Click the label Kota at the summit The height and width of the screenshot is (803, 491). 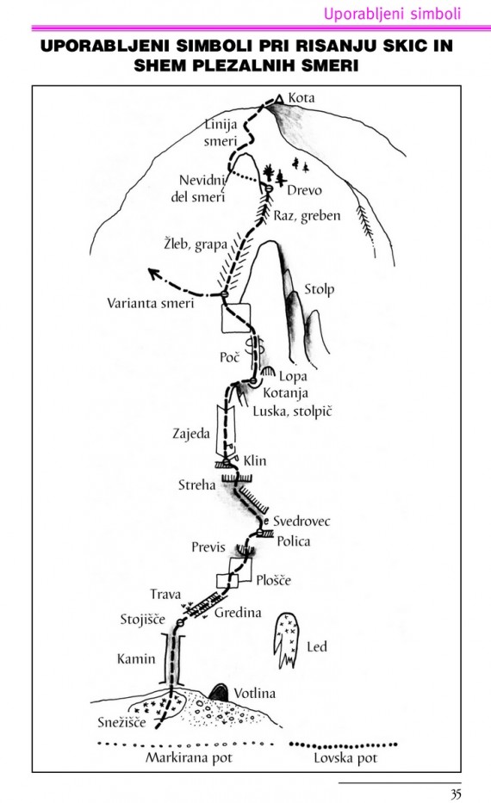click(301, 97)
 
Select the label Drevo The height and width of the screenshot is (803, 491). click(304, 190)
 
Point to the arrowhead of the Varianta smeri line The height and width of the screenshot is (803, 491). click(152, 273)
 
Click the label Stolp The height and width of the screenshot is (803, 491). click(320, 289)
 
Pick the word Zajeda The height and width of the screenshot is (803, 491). click(191, 434)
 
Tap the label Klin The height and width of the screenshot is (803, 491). click(255, 460)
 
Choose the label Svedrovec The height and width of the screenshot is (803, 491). click(301, 521)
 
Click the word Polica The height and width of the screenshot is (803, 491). click(293, 540)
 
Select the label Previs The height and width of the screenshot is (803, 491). click(208, 547)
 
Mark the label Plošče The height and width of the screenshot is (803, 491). click(273, 580)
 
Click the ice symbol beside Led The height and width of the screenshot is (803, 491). click(286, 639)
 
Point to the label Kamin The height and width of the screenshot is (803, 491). click(136, 658)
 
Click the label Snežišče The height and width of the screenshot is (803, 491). click(121, 722)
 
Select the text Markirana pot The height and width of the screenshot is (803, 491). click(190, 757)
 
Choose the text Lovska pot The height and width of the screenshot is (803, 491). click(345, 758)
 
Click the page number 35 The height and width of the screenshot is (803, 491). click(456, 794)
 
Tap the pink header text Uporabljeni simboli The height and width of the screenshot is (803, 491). click(392, 13)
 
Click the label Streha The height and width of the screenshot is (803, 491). click(196, 485)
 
